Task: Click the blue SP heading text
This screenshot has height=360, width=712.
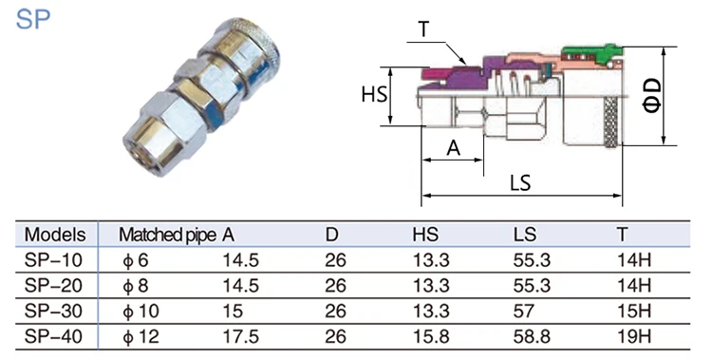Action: (x=32, y=20)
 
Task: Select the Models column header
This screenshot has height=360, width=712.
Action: (x=55, y=235)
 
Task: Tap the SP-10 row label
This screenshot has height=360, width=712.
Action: (x=53, y=260)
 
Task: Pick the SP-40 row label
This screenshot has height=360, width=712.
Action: (x=53, y=336)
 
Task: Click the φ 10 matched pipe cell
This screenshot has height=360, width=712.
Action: (x=141, y=311)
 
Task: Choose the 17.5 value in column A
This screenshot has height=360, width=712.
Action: (x=240, y=336)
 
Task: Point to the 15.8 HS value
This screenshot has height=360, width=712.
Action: (x=431, y=336)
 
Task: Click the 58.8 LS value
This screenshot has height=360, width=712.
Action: (x=532, y=336)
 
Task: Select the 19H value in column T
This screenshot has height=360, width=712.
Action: (x=634, y=336)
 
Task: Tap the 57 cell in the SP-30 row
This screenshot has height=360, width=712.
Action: (x=523, y=311)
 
